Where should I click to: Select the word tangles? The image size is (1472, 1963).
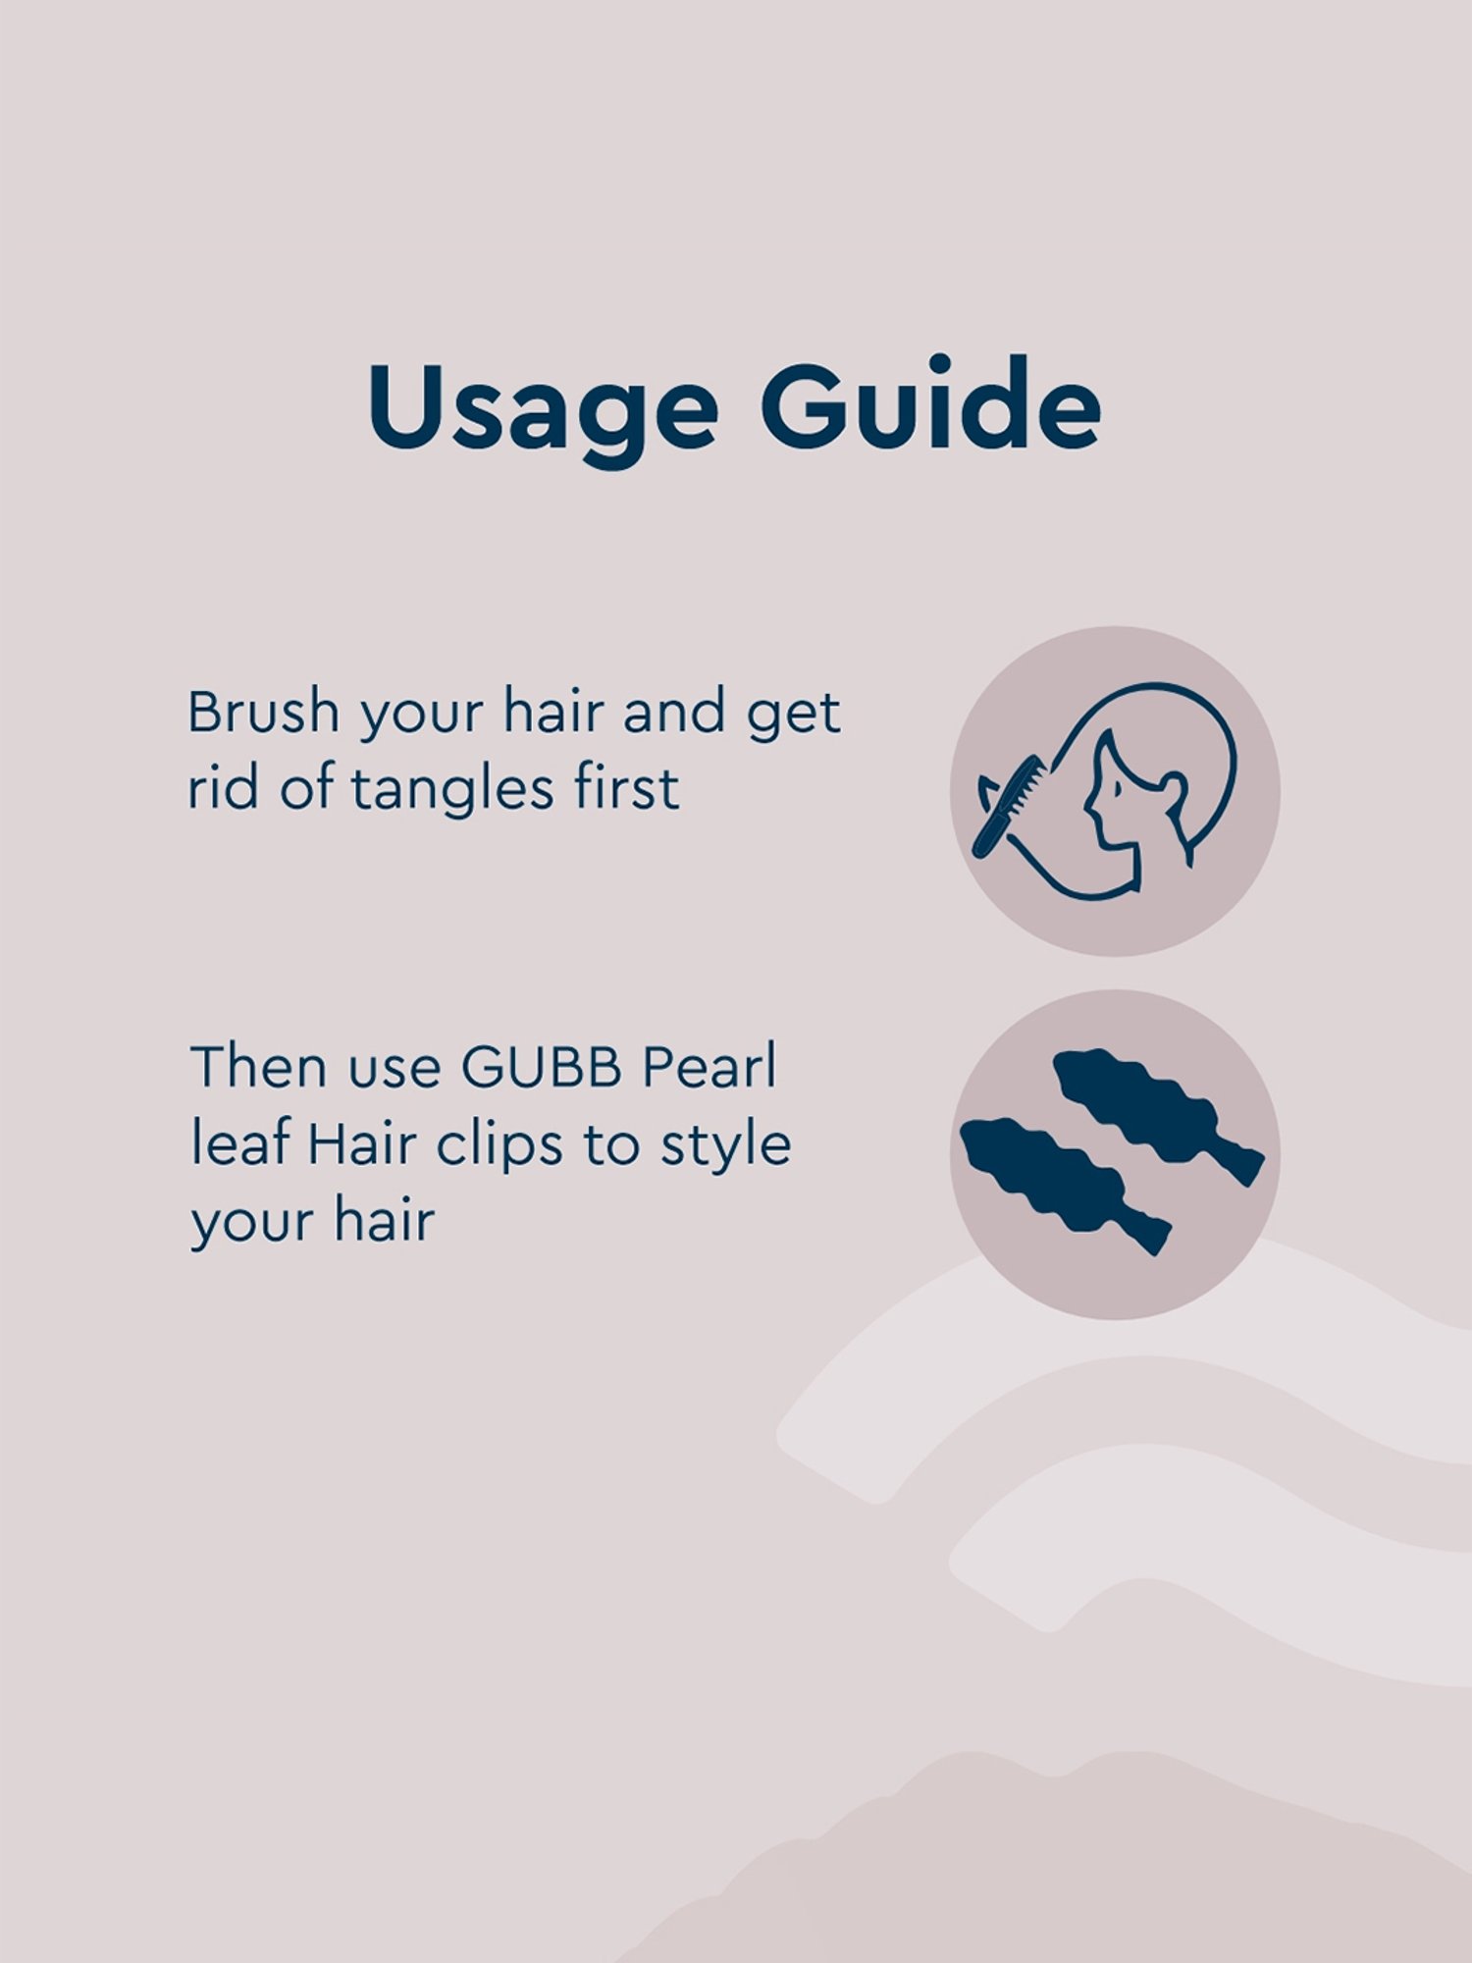[x=454, y=790]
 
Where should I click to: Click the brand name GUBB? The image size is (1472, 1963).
[x=542, y=1067]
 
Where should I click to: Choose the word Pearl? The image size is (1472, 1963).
[x=709, y=1067]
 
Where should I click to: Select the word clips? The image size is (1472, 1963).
[x=499, y=1146]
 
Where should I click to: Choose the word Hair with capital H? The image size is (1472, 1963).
[x=363, y=1144]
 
